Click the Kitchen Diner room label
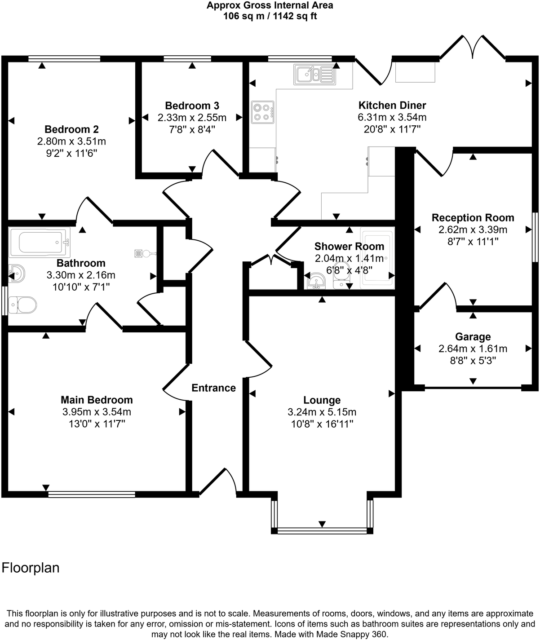tap(392, 106)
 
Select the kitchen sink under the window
tap(314, 74)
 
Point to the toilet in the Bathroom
tap(22, 305)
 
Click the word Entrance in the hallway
tap(213, 388)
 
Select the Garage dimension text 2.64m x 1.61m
tap(473, 349)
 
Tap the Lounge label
tap(322, 400)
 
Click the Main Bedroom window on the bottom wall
tap(92, 494)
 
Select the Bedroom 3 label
tap(192, 106)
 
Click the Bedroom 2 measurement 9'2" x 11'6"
tap(71, 153)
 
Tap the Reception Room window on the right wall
tap(535, 237)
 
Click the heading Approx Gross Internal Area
tap(270, 6)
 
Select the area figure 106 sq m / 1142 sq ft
tap(270, 17)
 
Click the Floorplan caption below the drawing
tap(31, 568)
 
